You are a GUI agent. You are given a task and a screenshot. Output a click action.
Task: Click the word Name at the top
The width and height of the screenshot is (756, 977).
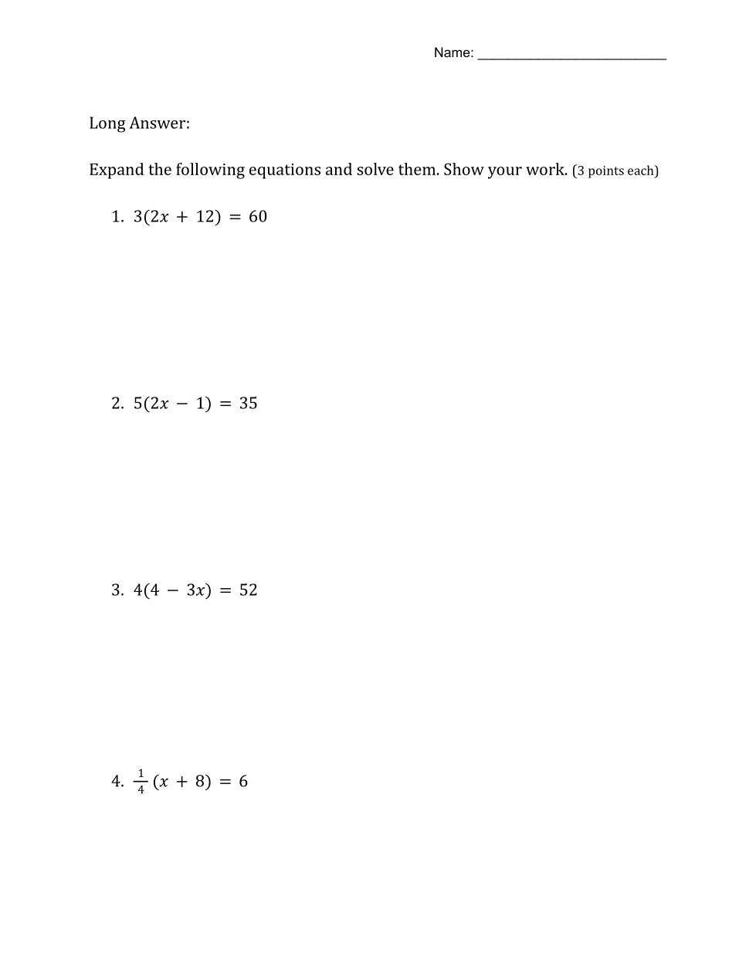452,52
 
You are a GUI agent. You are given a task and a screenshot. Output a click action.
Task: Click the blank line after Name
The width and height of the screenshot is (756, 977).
571,56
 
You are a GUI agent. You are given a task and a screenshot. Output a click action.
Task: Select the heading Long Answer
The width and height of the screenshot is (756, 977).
139,123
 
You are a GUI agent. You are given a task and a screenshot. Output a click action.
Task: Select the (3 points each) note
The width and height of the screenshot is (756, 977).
615,171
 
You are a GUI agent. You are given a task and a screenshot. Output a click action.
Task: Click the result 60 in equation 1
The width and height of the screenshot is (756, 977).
258,217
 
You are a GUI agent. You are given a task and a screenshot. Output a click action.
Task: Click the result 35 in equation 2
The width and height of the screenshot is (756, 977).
248,404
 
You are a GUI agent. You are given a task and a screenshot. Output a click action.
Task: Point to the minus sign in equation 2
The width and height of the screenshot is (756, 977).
182,404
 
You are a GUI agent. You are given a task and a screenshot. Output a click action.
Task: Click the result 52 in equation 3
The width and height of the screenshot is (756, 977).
248,590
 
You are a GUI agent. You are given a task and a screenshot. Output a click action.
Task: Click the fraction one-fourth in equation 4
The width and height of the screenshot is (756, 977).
141,781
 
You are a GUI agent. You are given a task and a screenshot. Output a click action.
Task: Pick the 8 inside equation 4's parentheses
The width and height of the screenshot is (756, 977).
202,782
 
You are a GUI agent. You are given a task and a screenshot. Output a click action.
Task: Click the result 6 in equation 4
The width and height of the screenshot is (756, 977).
243,782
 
